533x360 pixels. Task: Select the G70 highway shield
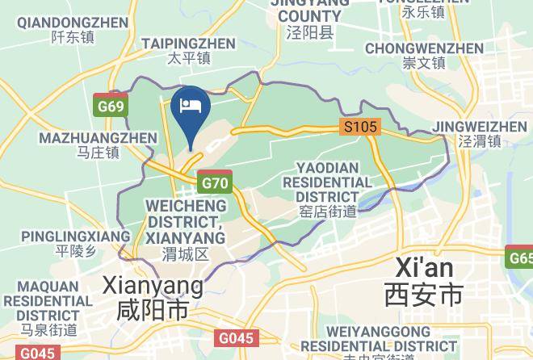215,182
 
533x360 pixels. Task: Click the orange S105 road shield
359,127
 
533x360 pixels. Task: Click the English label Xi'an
424,268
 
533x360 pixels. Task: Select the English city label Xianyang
153,285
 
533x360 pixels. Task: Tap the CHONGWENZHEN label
424,48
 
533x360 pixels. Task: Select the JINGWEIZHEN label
480,127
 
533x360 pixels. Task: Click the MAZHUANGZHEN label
98,137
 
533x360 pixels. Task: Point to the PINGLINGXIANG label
75,236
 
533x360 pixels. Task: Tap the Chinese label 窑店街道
327,212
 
